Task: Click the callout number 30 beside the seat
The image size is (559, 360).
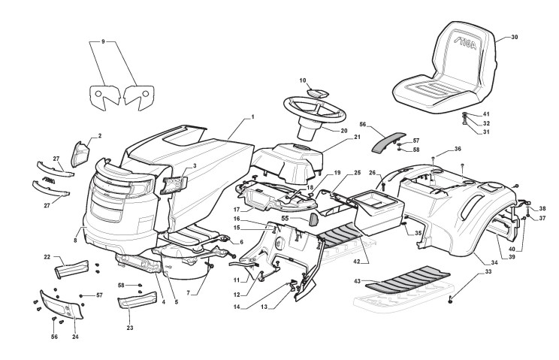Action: (514, 36)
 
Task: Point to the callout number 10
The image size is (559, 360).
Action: (304, 80)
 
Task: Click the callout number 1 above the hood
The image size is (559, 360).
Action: (253, 116)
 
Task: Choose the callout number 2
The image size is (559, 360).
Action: (98, 137)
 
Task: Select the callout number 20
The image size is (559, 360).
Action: (343, 130)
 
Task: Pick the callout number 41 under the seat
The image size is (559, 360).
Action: (486, 113)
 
